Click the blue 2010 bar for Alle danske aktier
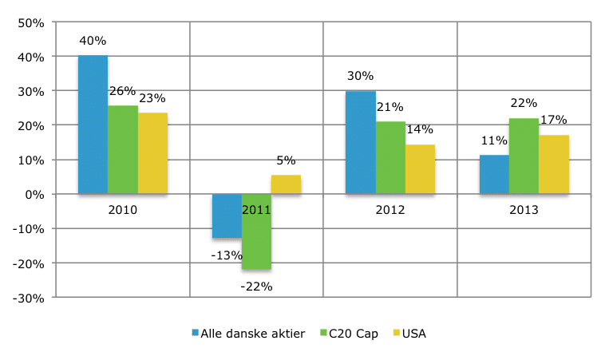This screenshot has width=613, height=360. pyautogui.click(x=93, y=125)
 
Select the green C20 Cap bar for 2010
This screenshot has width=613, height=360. pyautogui.click(x=123, y=149)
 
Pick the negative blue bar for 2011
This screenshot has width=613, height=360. pyautogui.click(x=227, y=216)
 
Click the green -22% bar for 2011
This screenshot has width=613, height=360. pyautogui.click(x=257, y=231)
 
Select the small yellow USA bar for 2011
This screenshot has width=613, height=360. pyautogui.click(x=286, y=184)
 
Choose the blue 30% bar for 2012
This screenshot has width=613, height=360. pyautogui.click(x=360, y=142)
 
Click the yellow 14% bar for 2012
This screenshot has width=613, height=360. pyautogui.click(x=420, y=169)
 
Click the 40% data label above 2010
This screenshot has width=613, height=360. pyautogui.click(x=93, y=40)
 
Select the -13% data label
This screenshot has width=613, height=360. pyautogui.click(x=226, y=255)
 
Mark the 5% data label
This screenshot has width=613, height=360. pyautogui.click(x=286, y=160)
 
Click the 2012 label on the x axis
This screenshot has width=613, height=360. pyautogui.click(x=390, y=211)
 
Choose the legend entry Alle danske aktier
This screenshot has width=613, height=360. pyautogui.click(x=247, y=334)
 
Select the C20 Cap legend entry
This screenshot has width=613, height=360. pyautogui.click(x=354, y=334)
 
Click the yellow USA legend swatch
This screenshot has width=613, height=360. pyautogui.click(x=397, y=334)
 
